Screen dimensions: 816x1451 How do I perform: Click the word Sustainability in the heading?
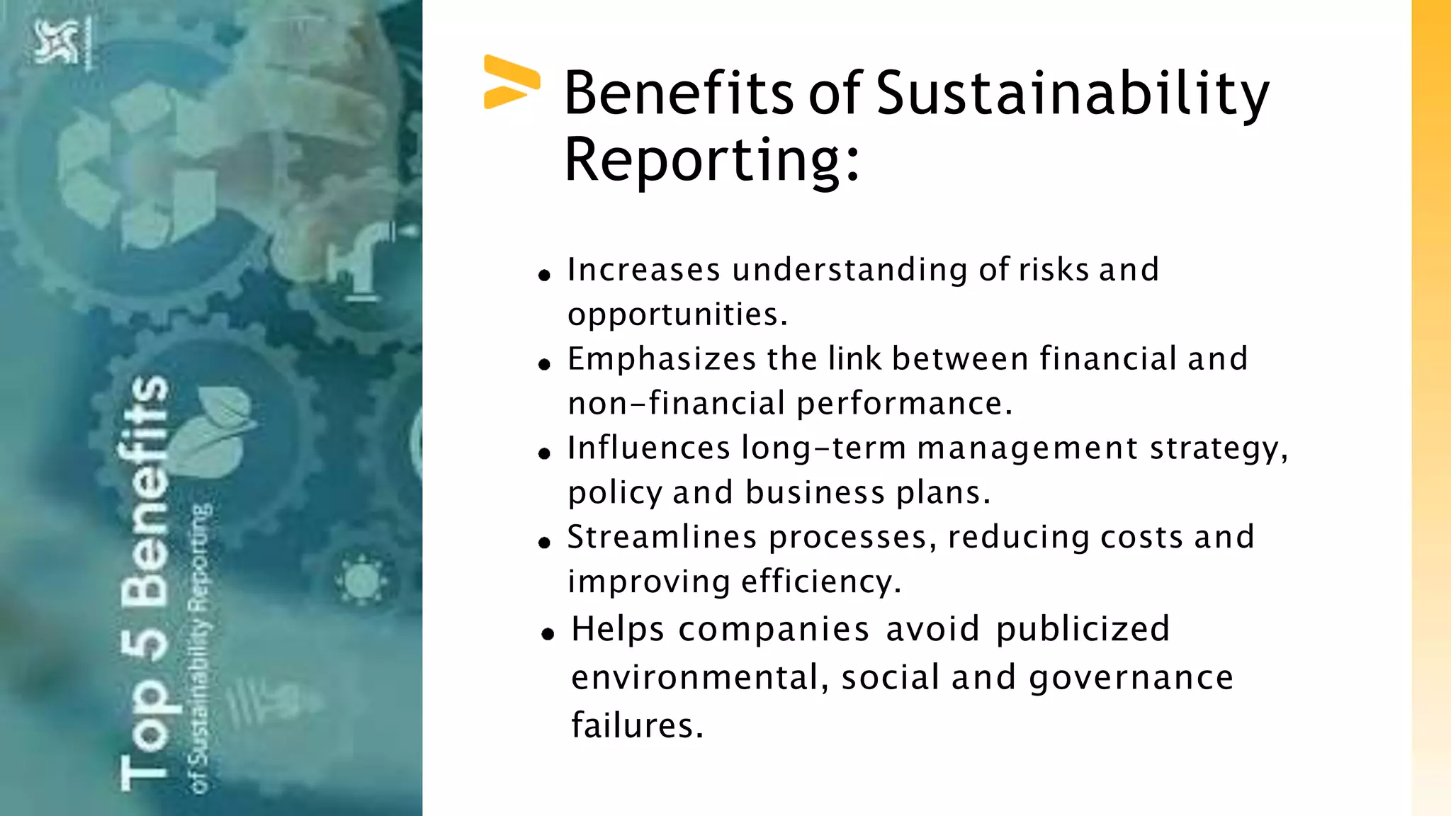click(1072, 94)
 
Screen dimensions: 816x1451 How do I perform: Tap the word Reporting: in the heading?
click(711, 161)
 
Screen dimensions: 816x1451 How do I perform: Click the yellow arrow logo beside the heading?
click(511, 82)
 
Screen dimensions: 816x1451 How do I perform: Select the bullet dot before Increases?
click(544, 275)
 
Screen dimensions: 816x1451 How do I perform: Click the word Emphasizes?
click(662, 359)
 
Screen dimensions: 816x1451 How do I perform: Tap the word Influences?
click(648, 448)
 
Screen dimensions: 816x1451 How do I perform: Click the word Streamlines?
click(662, 538)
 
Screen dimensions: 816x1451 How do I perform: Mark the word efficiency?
click(821, 582)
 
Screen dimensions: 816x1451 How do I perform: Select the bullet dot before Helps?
click(547, 634)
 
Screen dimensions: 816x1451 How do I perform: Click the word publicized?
click(1083, 630)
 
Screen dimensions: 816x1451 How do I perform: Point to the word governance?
click(1131, 679)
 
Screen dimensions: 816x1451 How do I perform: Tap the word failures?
click(637, 726)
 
